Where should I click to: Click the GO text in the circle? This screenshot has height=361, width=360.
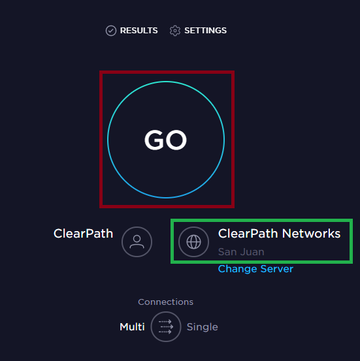tap(165, 140)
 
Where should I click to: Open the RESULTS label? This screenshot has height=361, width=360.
tap(139, 31)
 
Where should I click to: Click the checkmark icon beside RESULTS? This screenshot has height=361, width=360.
tap(111, 31)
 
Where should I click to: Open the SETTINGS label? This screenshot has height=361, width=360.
tap(205, 31)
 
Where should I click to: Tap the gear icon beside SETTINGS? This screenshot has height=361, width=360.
tap(175, 31)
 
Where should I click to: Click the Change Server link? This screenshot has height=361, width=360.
tap(255, 269)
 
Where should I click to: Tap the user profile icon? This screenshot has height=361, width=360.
tap(137, 242)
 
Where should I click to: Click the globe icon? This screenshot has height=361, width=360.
tap(193, 242)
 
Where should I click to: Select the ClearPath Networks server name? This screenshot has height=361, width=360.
tap(279, 234)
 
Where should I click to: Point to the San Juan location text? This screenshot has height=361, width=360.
tap(241, 252)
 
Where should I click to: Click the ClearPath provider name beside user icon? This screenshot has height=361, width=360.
tap(83, 234)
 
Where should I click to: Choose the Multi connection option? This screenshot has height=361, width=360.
tap(132, 327)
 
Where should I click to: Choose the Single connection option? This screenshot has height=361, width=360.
tap(202, 327)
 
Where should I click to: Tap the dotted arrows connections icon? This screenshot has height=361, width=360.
tap(166, 326)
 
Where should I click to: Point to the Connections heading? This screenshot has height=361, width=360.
tap(165, 302)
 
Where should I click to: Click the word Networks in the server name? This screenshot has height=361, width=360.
tap(311, 234)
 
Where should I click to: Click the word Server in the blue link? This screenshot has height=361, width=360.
tap(277, 269)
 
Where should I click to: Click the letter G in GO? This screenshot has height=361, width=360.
tap(154, 140)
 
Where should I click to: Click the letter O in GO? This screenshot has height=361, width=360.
tap(176, 140)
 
